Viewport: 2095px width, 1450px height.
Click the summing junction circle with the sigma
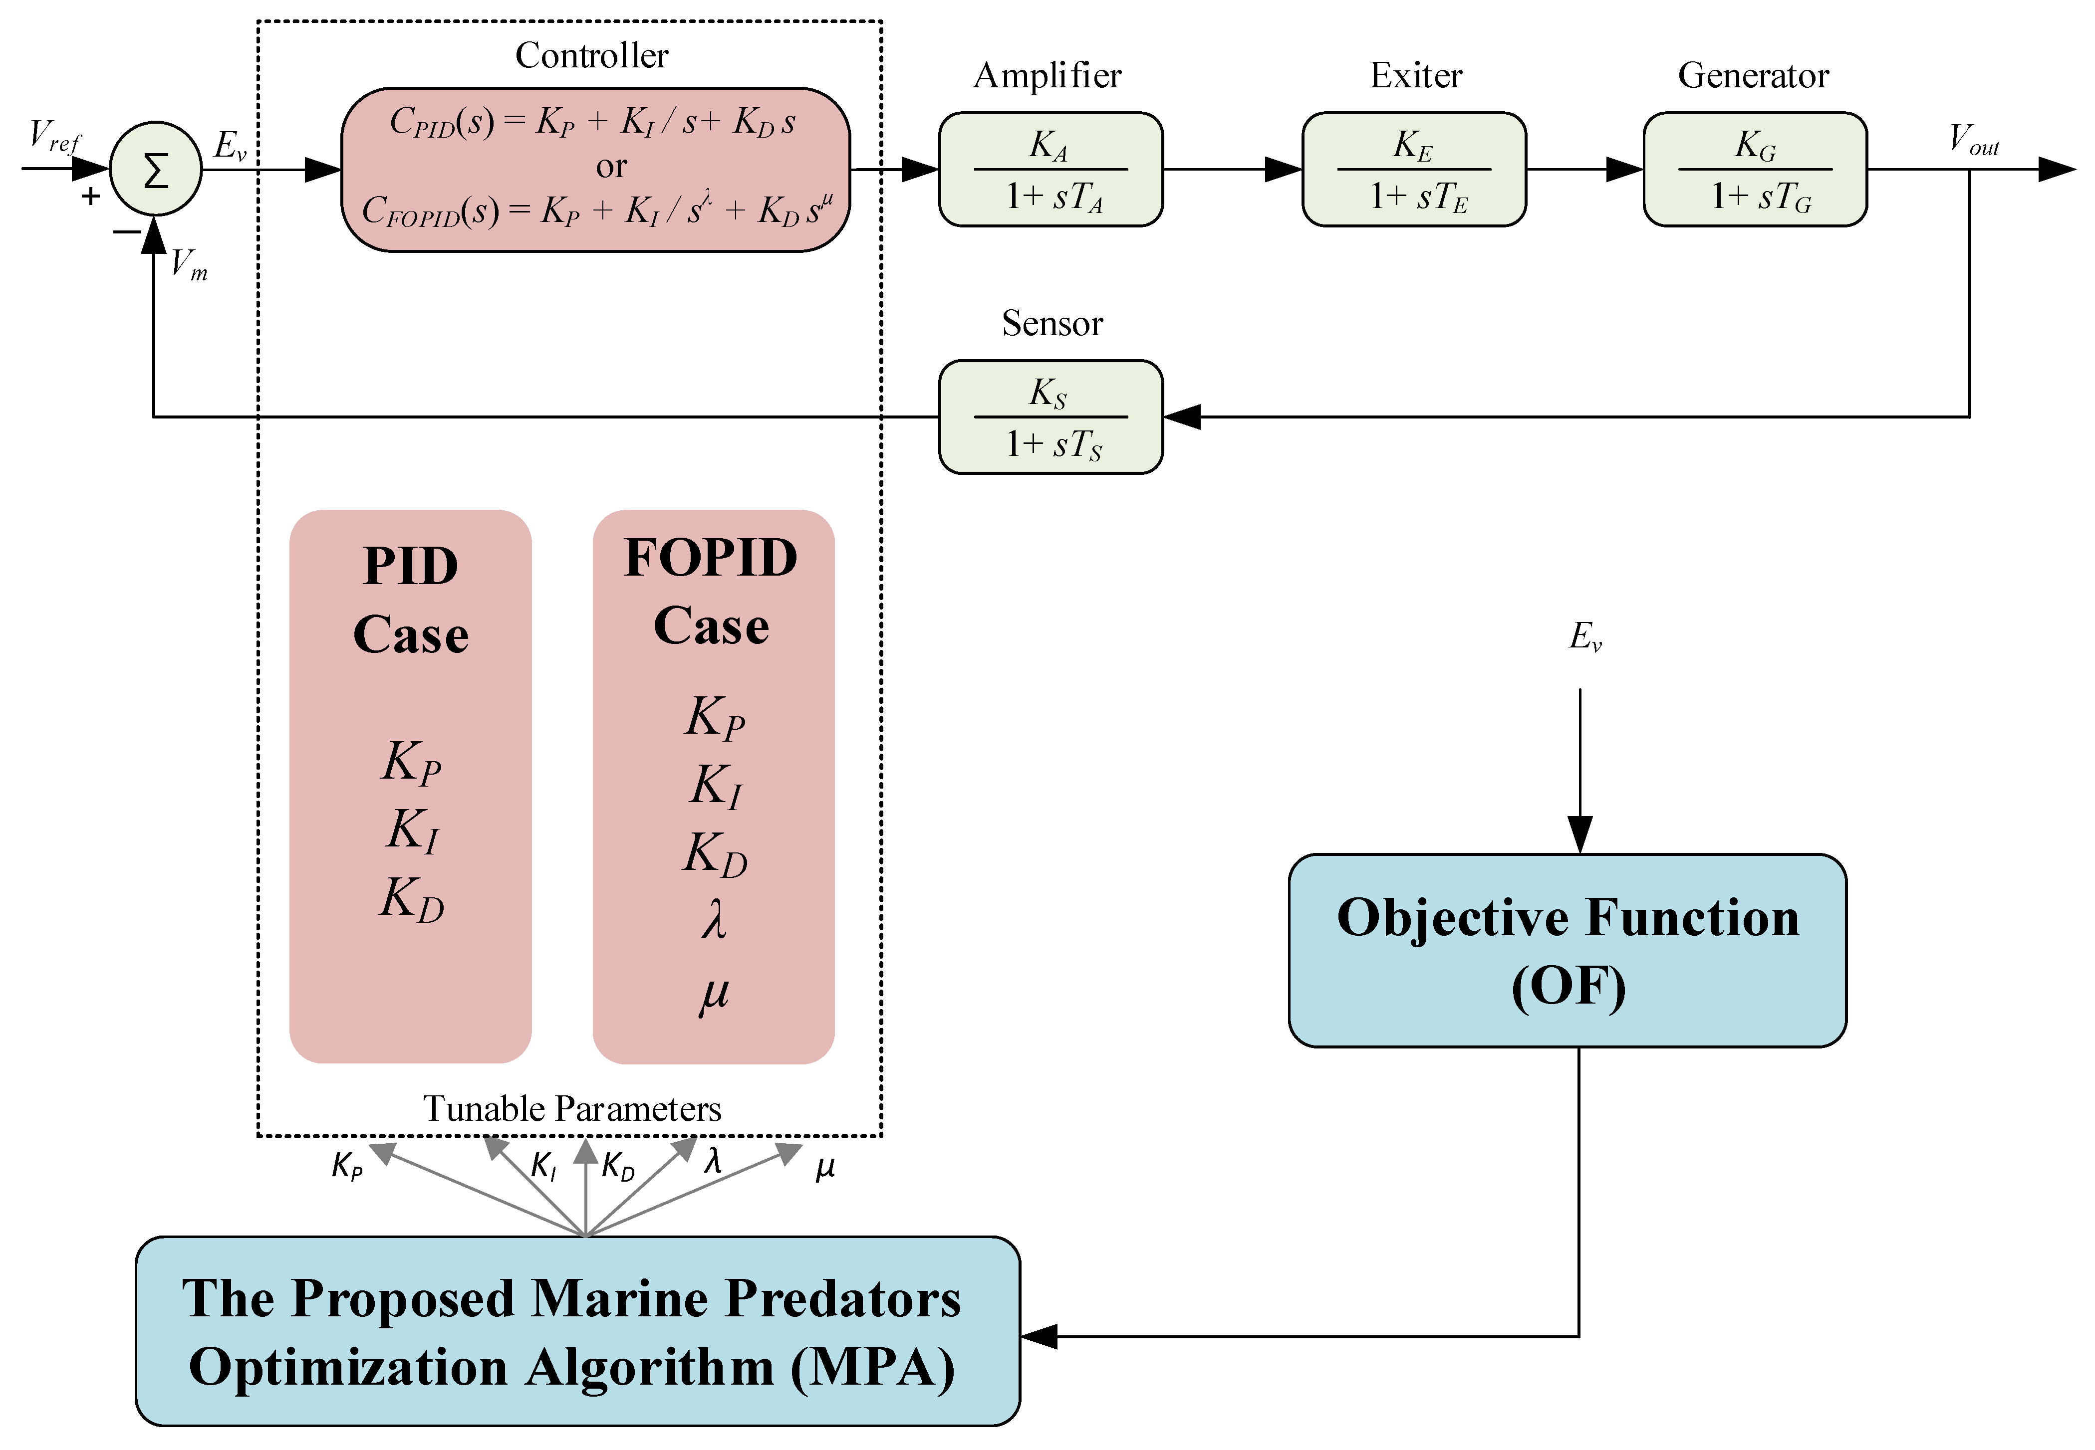click(x=155, y=169)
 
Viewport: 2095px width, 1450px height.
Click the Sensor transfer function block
click(x=1050, y=417)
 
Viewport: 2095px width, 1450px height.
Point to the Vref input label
click(x=54, y=136)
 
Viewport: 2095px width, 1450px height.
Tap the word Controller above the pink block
click(x=592, y=55)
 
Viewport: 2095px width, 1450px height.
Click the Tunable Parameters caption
click(x=572, y=1108)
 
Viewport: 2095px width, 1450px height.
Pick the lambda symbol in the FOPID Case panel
click(x=715, y=919)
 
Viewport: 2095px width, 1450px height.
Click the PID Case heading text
click(x=411, y=600)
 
